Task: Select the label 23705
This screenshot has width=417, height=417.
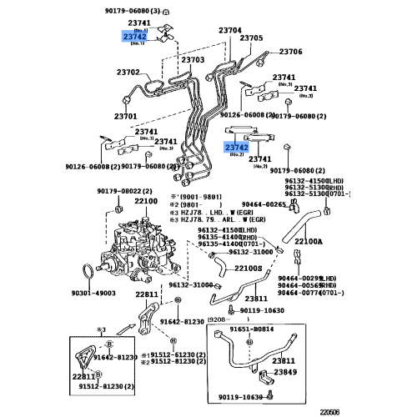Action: pyautogui.click(x=251, y=38)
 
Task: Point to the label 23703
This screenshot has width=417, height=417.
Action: pyautogui.click(x=193, y=60)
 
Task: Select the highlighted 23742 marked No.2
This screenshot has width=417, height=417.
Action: pyautogui.click(x=237, y=147)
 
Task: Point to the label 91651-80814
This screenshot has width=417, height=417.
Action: pyautogui.click(x=247, y=329)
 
